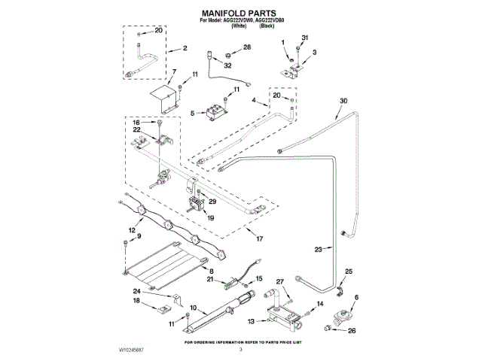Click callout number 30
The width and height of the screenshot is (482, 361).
tap(343, 102)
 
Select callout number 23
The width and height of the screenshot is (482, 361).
tap(318, 249)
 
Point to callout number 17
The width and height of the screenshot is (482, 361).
tap(259, 239)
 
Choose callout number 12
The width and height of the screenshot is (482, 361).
tap(132, 230)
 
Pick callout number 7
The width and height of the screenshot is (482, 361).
tap(174, 72)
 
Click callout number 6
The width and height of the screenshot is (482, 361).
tap(356, 298)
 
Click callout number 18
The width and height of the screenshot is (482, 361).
tap(138, 301)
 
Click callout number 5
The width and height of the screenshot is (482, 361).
tap(193, 114)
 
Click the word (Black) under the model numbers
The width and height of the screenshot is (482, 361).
tap(266, 26)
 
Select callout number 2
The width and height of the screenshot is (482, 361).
tap(185, 49)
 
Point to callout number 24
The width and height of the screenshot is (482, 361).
tap(137, 291)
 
